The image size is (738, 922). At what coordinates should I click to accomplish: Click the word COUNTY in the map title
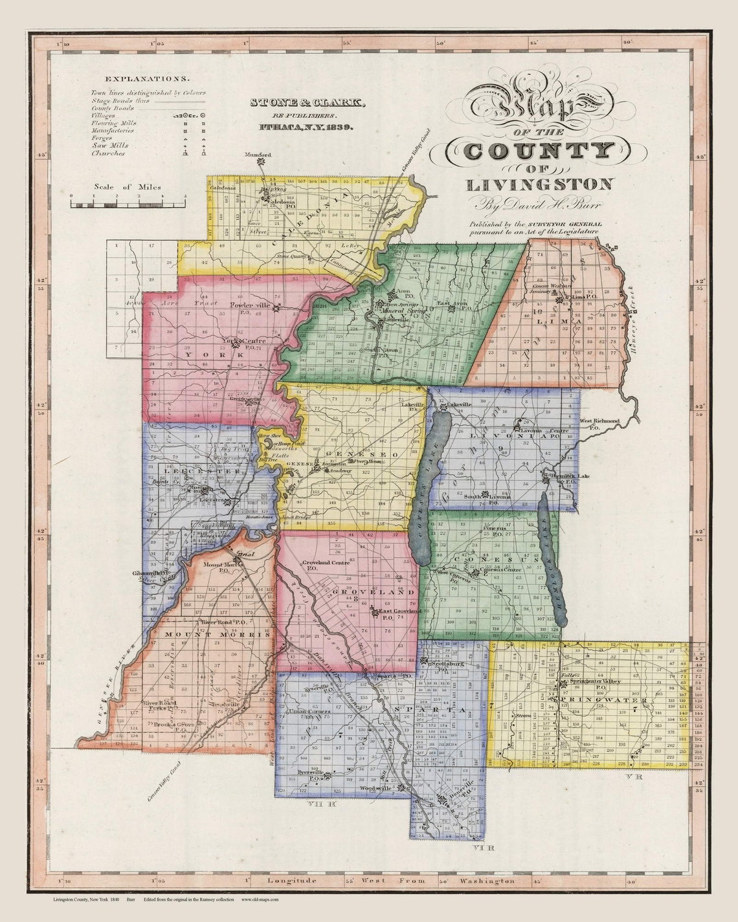coord(538,151)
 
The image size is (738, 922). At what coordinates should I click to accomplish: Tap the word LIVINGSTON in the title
coord(539,184)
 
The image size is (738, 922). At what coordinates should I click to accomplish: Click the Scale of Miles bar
coord(128,204)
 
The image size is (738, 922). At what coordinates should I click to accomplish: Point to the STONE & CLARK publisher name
coord(307,103)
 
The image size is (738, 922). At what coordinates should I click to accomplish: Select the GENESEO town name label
coord(355,454)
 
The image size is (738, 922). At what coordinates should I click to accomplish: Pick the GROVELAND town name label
coord(373,592)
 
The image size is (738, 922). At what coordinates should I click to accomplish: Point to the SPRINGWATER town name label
coord(598,700)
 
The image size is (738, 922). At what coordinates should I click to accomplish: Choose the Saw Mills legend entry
coord(106,145)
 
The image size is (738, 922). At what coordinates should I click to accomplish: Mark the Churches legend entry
coord(108,153)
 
